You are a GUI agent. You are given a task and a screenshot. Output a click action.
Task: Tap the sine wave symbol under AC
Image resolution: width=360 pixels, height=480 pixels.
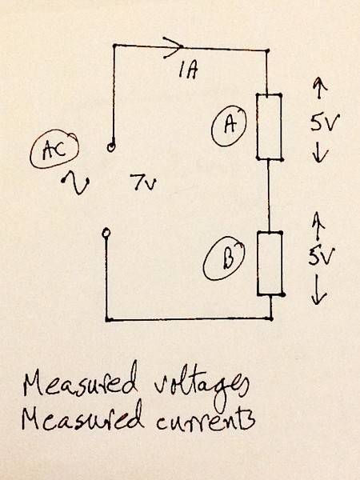(x=76, y=182)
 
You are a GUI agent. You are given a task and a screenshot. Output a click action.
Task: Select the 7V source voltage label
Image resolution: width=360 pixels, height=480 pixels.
(x=143, y=182)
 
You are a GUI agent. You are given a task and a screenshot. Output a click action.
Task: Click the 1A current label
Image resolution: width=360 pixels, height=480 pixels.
(x=188, y=71)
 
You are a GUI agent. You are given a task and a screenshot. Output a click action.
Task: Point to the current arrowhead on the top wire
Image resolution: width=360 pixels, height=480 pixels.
(x=174, y=47)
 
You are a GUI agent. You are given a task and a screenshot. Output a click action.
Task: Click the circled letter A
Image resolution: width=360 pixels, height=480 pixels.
(x=229, y=126)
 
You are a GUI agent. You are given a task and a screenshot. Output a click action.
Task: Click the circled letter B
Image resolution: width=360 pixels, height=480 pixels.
(x=224, y=259)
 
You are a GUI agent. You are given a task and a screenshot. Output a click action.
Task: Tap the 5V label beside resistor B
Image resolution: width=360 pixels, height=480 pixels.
(x=321, y=256)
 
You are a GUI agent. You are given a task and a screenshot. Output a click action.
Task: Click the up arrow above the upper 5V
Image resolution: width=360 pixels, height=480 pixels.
(x=319, y=88)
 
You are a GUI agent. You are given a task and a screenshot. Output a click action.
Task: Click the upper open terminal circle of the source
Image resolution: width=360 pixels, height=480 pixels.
(x=111, y=147)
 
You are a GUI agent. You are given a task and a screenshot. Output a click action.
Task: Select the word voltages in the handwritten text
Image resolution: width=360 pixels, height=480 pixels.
(x=201, y=386)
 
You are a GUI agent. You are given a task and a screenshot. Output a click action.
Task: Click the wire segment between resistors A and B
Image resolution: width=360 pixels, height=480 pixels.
(x=269, y=196)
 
